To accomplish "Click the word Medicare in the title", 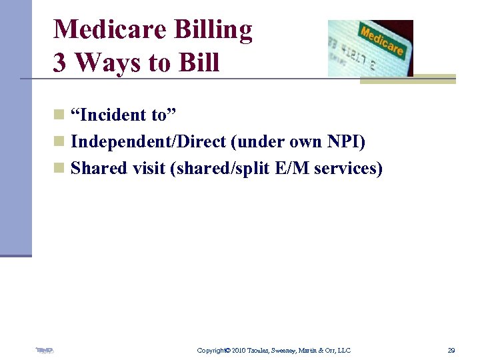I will pos(110,30).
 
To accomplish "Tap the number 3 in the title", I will pos(60,63).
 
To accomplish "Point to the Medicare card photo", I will pos(370,48).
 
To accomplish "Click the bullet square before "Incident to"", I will pos(59,116).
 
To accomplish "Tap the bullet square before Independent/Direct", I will pos(59,143).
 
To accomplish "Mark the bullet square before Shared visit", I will pos(59,169).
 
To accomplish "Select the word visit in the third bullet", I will pos(148,169).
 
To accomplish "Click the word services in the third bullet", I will pos(347,169).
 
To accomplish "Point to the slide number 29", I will pos(451,350).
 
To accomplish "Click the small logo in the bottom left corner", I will pos(45,350).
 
